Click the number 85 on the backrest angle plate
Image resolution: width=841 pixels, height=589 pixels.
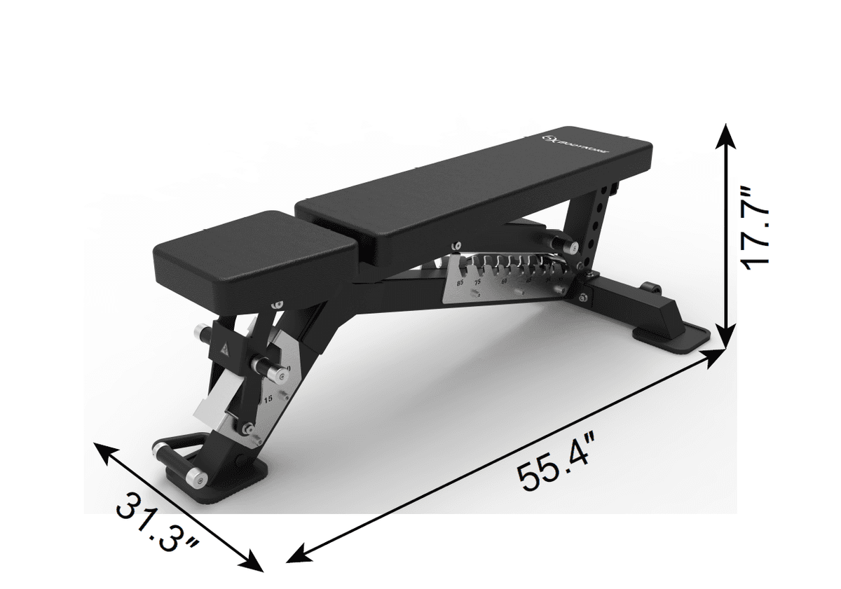pyautogui.click(x=460, y=282)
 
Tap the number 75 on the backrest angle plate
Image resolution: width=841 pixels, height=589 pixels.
pyautogui.click(x=479, y=282)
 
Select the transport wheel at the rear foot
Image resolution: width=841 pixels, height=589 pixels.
pyautogui.click(x=650, y=288)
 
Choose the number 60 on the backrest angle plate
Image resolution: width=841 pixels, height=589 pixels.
pyautogui.click(x=503, y=280)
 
